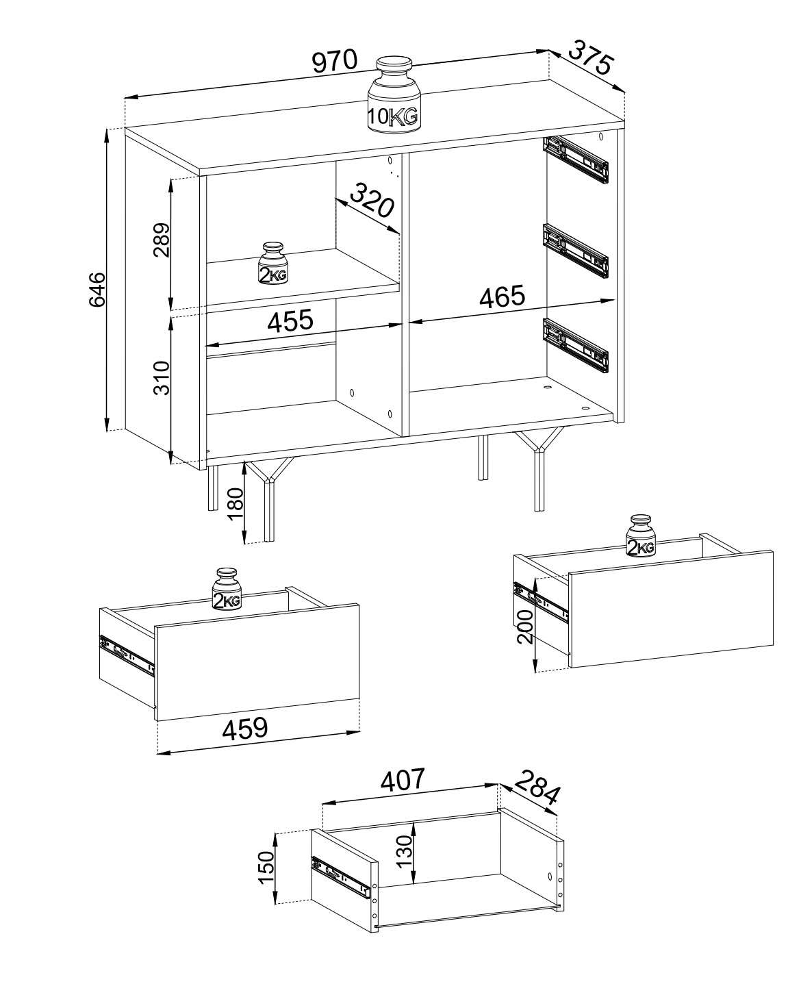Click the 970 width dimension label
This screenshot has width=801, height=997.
[335, 61]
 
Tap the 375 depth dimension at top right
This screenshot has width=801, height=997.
[591, 58]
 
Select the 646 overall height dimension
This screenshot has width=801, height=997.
[97, 290]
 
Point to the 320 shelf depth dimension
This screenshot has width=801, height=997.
[372, 200]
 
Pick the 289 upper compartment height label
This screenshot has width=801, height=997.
[162, 240]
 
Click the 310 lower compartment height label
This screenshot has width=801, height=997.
[162, 377]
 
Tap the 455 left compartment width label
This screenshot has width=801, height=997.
[290, 320]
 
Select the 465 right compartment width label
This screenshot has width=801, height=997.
[503, 296]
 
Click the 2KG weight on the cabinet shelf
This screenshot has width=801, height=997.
[273, 263]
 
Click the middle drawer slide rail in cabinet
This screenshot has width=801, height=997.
[576, 251]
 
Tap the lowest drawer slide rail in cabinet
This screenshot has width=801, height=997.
[576, 345]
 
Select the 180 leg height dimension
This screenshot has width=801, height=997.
[236, 504]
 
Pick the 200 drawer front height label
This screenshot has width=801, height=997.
[525, 627]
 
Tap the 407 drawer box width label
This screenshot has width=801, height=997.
[402, 779]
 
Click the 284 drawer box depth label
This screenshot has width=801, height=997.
[537, 787]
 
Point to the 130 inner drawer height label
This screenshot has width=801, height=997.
[405, 851]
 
